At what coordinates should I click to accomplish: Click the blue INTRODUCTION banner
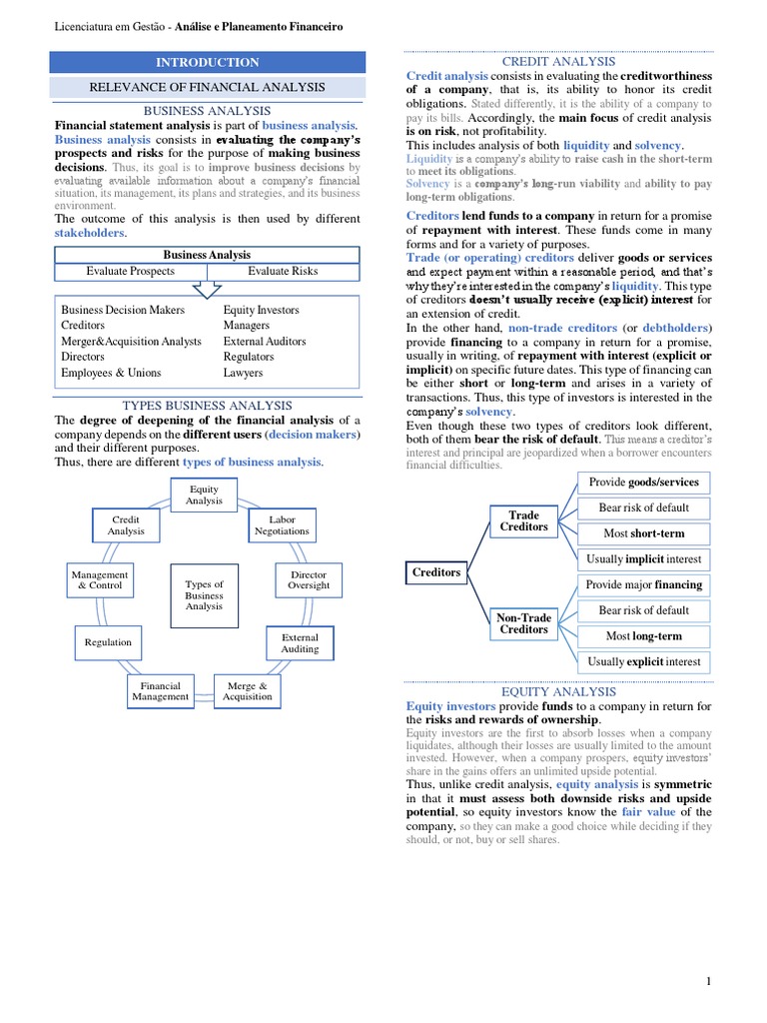pyautogui.click(x=207, y=62)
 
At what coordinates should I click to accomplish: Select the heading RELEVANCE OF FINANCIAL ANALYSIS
pyautogui.click(x=207, y=87)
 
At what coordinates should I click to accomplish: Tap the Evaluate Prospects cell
pyautogui.click(x=130, y=271)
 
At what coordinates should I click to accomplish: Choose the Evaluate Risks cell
pyautogui.click(x=283, y=271)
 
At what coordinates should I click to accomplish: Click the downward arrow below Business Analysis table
pyautogui.click(x=207, y=289)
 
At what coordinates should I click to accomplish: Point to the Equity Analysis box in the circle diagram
pyautogui.click(x=204, y=495)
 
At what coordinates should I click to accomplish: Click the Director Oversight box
pyautogui.click(x=309, y=580)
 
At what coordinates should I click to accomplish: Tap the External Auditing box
pyautogui.click(x=300, y=643)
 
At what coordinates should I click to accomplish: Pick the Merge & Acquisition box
pyautogui.click(x=248, y=691)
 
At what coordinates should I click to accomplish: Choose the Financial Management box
pyautogui.click(x=160, y=691)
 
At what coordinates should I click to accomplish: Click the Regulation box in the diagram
pyautogui.click(x=108, y=642)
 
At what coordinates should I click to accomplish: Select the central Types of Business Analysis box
pyautogui.click(x=204, y=595)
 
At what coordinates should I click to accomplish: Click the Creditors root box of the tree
pyautogui.click(x=436, y=572)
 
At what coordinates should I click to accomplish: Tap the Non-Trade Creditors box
pyautogui.click(x=523, y=623)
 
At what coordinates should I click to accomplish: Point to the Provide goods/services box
pyautogui.click(x=643, y=483)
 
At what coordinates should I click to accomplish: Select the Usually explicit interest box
pyautogui.click(x=643, y=661)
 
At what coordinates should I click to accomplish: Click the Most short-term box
pyautogui.click(x=643, y=533)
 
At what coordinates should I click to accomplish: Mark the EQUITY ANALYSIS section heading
pyautogui.click(x=558, y=691)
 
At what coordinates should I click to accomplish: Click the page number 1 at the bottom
pyautogui.click(x=708, y=982)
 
